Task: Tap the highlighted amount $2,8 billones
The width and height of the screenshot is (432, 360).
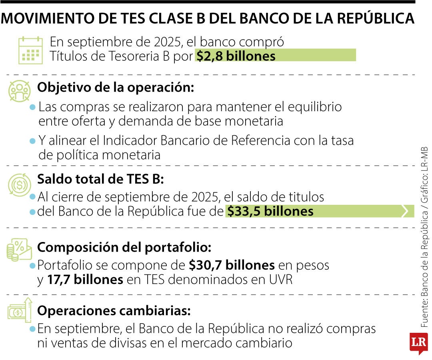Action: click(236, 56)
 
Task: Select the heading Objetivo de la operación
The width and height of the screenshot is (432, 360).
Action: click(116, 88)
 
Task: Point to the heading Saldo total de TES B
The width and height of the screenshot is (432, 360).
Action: click(100, 179)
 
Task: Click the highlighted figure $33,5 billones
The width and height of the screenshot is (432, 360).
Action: click(270, 211)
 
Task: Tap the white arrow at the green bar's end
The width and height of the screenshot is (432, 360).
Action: click(408, 211)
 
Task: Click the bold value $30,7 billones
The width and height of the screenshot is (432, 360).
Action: click(232, 265)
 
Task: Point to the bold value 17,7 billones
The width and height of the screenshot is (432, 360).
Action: click(85, 280)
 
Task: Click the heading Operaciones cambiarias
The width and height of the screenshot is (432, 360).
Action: click(114, 311)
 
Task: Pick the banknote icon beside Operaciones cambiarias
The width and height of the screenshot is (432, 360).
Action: click(19, 312)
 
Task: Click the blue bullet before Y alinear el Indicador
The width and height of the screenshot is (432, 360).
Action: click(33, 141)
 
